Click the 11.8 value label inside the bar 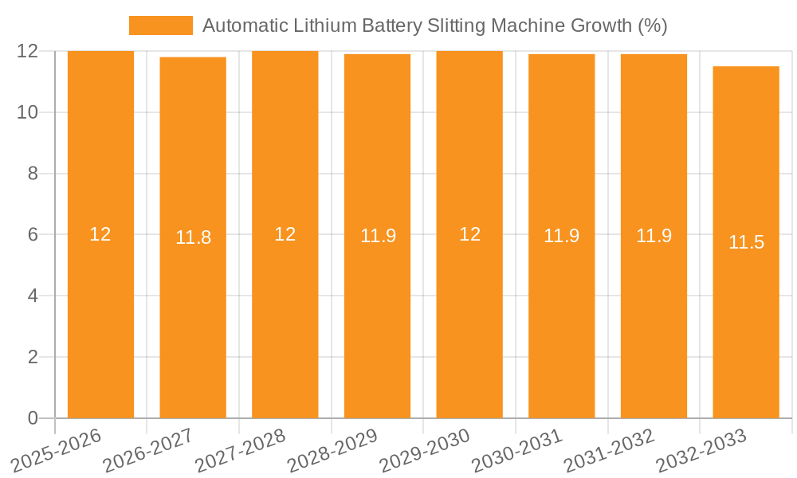tap(193, 237)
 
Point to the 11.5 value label tap(746, 242)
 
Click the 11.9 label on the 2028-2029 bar tap(378, 236)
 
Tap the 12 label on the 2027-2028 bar tap(285, 234)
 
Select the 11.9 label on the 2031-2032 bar tap(654, 236)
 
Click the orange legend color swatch tap(161, 25)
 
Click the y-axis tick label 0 tap(33, 418)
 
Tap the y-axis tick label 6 tap(33, 235)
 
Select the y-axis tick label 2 tap(33, 357)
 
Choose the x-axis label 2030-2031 tap(517, 450)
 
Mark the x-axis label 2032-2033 tap(701, 450)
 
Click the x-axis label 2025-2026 tap(57, 450)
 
